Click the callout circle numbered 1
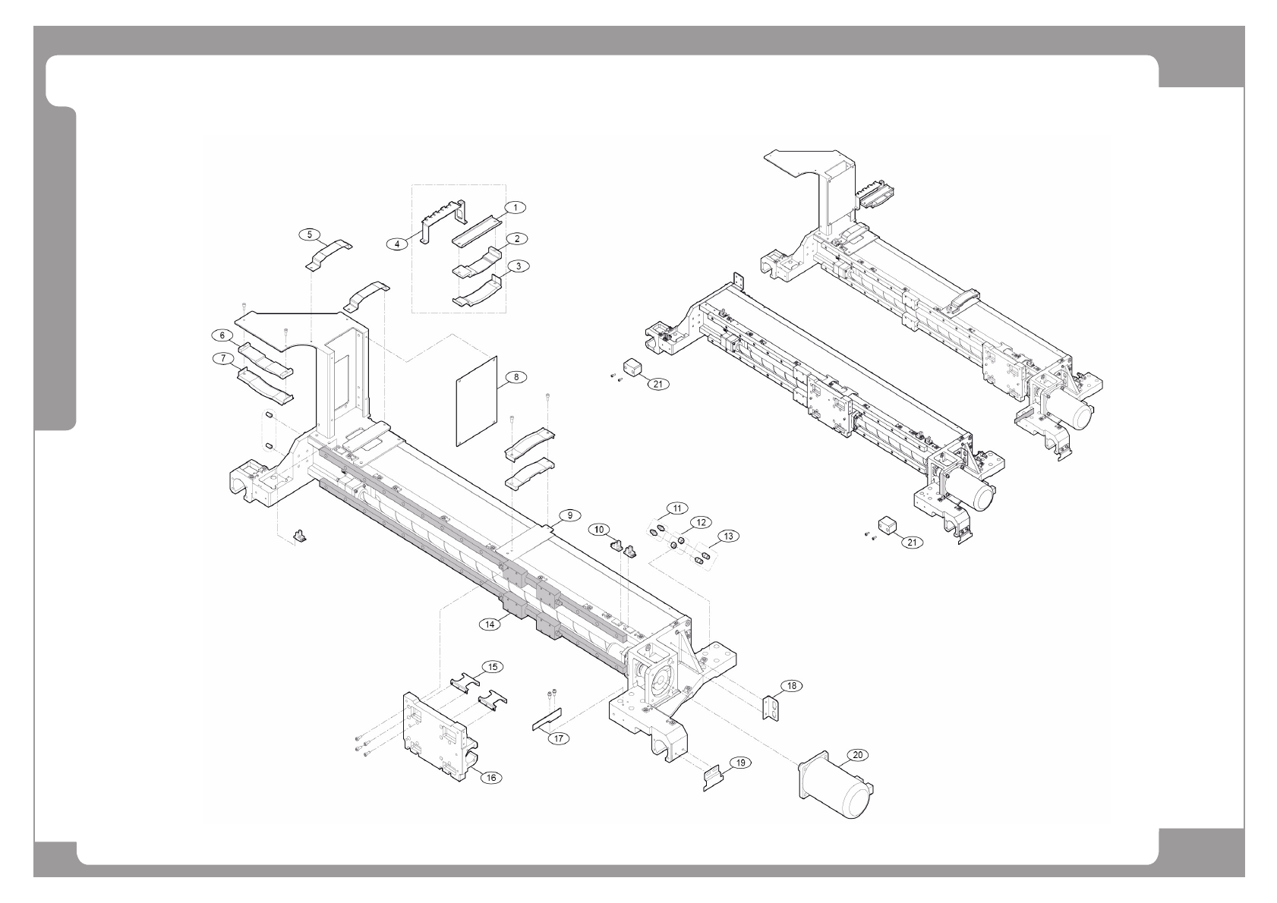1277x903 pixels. pos(516,206)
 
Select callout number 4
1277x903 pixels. pos(397,244)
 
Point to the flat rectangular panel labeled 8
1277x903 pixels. pos(476,401)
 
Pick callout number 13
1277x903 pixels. pos(728,536)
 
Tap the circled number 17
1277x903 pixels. pos(560,738)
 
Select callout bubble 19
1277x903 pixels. pos(737,761)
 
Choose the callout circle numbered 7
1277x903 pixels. pos(223,359)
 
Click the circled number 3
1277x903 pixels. pos(517,266)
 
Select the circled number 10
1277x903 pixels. pos(600,528)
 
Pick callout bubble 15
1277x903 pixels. pos(493,667)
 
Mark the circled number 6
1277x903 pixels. pos(222,335)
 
